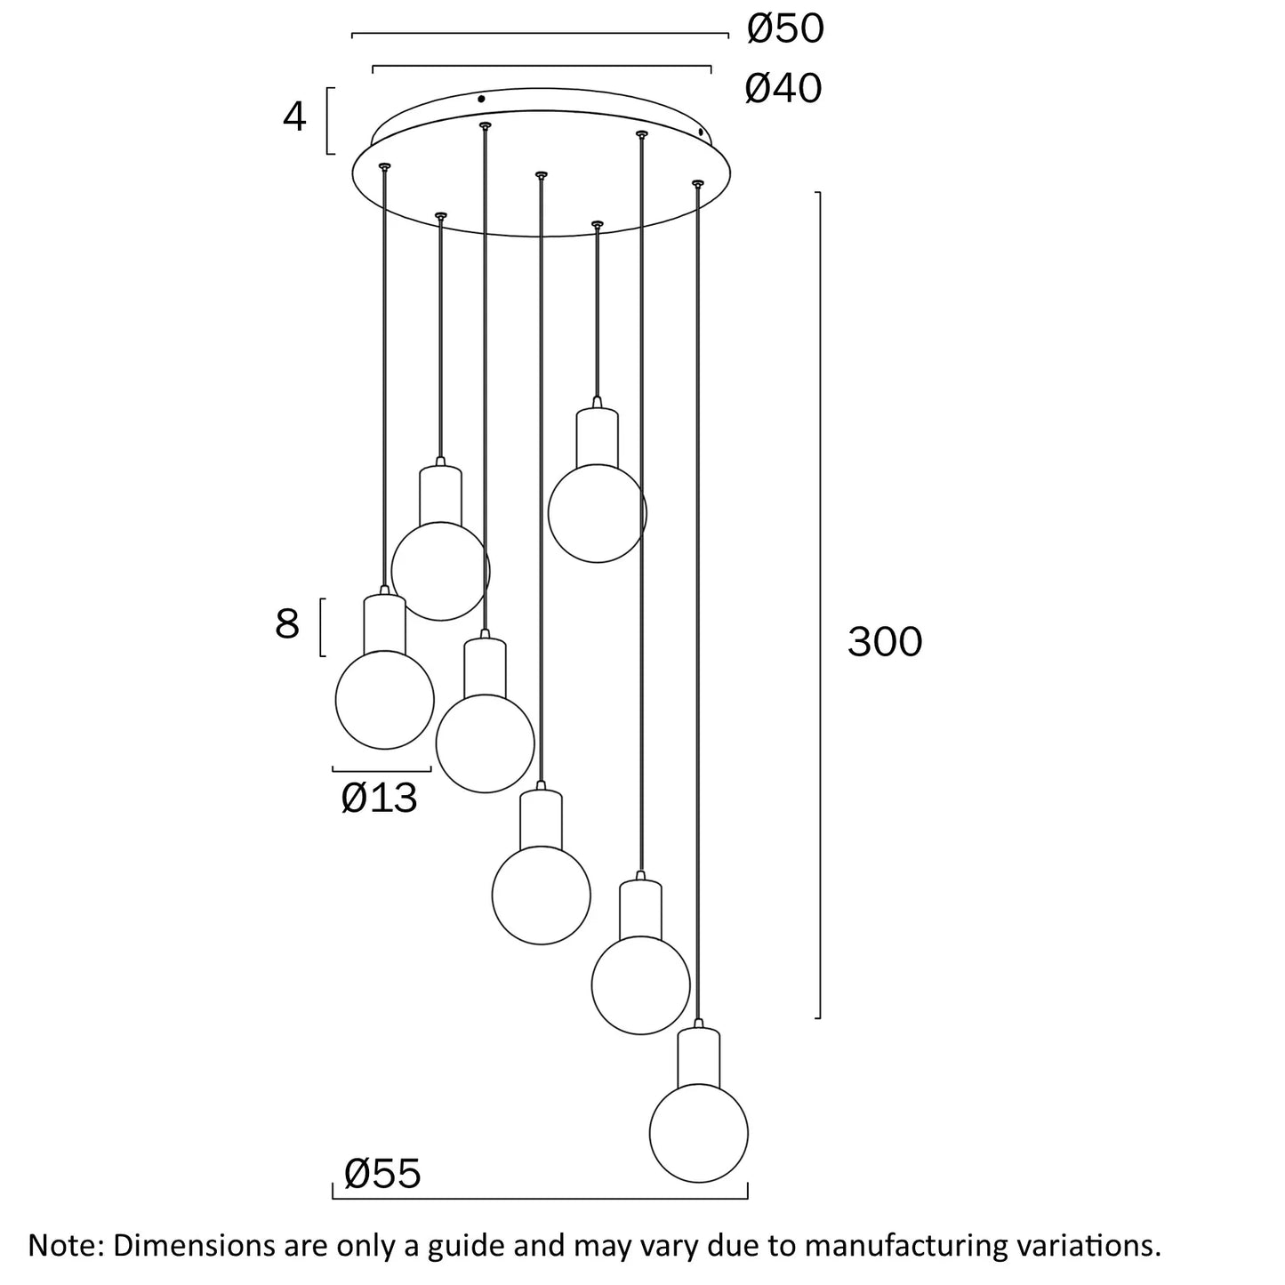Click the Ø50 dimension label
tap(785, 29)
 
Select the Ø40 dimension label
tap(783, 88)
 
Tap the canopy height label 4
tap(294, 116)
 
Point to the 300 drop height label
tap(885, 641)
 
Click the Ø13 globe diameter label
tap(379, 798)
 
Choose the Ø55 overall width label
tap(382, 1174)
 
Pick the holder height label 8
tap(287, 624)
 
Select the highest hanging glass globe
tap(597, 513)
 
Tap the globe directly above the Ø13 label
tap(384, 699)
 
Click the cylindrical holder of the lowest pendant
tap(698, 1058)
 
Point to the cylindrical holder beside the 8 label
tap(385, 623)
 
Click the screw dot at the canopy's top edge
tap(481, 99)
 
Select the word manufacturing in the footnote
tap(904, 1244)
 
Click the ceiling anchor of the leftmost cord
tap(384, 166)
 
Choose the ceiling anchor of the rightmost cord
tap(697, 183)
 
